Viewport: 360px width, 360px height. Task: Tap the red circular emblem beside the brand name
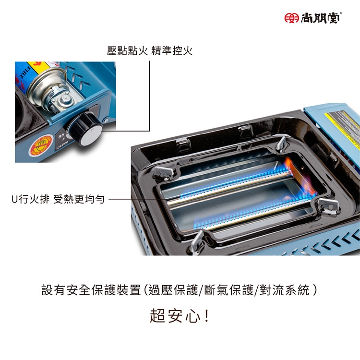point(291,18)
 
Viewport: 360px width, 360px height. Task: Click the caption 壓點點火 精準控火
point(149,51)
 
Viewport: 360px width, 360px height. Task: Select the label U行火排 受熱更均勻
point(58,199)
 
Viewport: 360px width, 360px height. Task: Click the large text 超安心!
point(180,316)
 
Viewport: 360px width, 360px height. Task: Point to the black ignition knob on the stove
point(85,129)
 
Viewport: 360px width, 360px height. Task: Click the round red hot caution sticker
point(41,144)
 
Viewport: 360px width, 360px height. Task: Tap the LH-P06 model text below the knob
point(62,145)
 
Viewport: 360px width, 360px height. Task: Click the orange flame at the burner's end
point(300,173)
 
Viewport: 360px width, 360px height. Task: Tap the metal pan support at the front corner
point(197,242)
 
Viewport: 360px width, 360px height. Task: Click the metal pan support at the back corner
point(281,144)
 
